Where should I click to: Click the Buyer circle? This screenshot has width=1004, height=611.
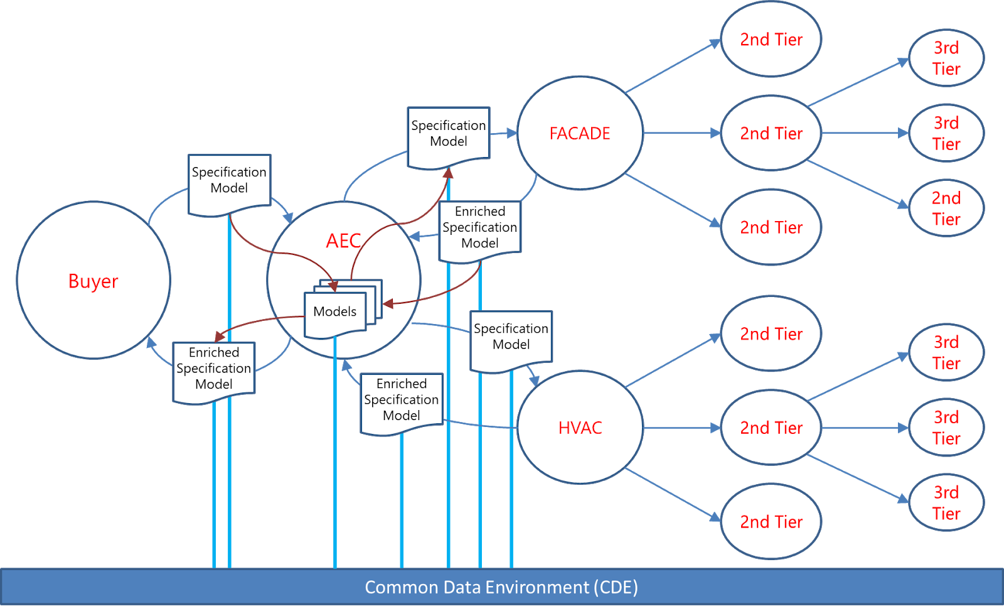point(93,280)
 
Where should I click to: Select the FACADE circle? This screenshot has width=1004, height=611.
point(579,133)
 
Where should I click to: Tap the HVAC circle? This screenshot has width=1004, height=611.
point(579,428)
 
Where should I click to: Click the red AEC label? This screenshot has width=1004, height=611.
point(343,241)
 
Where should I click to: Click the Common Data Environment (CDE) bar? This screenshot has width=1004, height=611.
point(501,587)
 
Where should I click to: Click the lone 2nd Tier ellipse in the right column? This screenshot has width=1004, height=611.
point(946,208)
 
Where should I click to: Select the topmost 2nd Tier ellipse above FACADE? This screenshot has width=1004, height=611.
point(771,40)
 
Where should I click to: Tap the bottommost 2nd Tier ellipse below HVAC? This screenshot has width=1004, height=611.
point(771,522)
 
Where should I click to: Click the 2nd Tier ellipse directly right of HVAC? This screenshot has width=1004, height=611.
point(771,428)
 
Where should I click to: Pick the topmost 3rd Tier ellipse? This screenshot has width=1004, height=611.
point(946,58)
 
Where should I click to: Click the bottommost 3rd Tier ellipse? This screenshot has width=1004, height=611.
point(946,503)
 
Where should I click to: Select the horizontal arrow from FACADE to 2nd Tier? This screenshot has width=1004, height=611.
point(681,133)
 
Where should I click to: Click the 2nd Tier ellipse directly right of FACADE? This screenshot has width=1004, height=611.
point(771,133)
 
